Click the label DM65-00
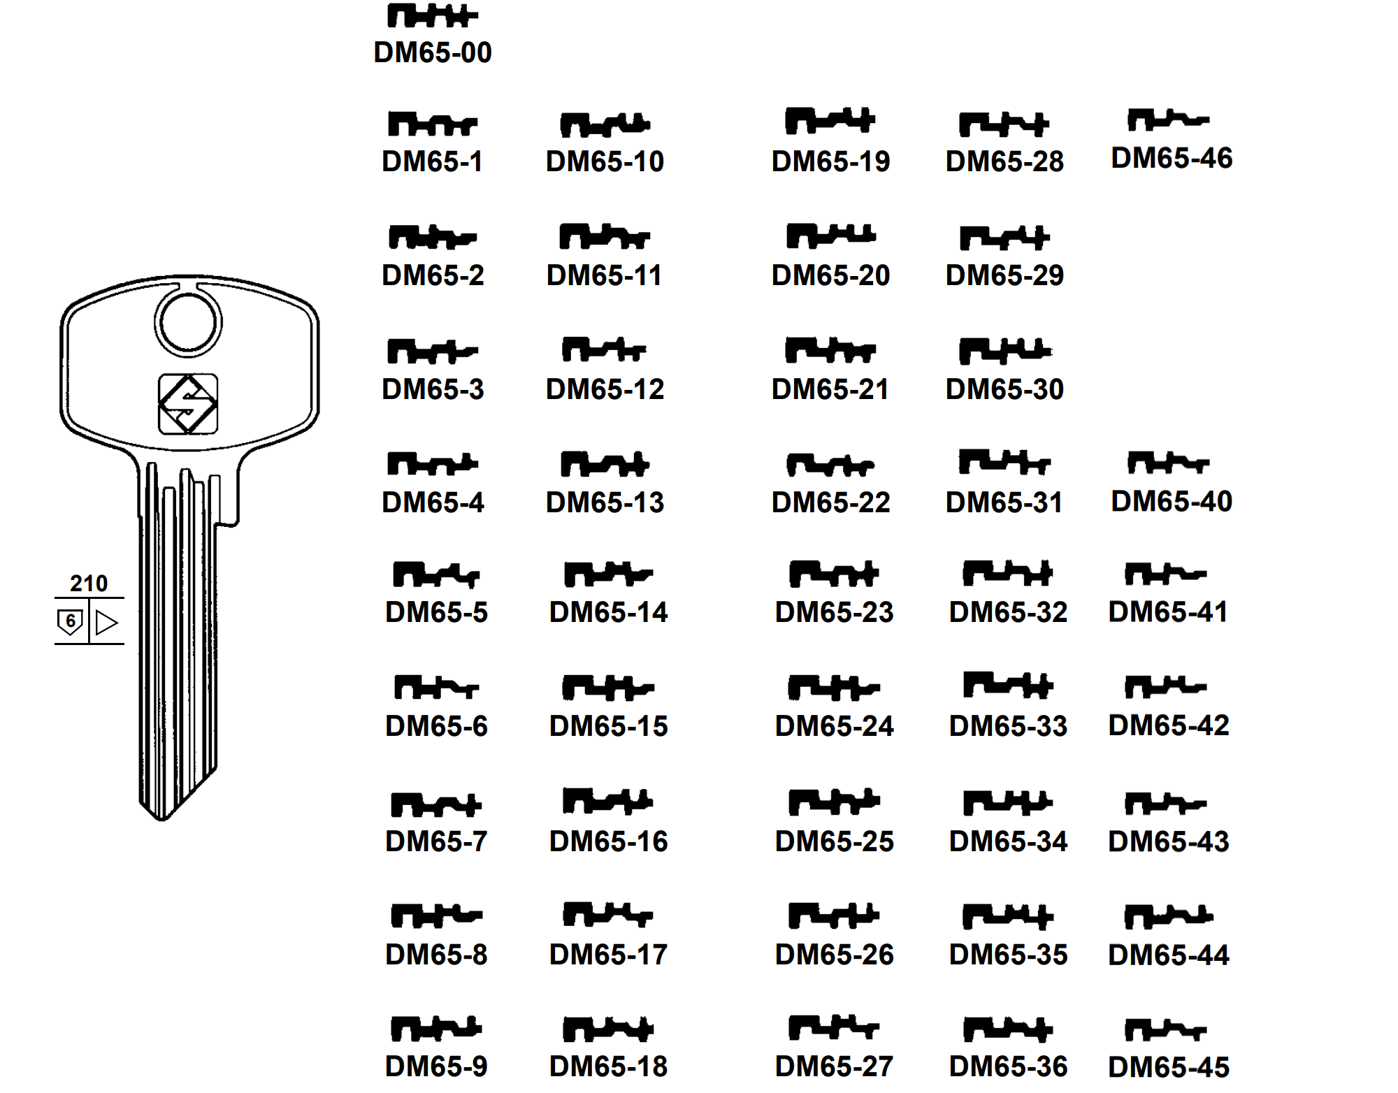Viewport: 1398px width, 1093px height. [433, 52]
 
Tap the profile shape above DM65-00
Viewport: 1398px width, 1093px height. [432, 15]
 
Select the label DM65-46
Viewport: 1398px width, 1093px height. [1172, 158]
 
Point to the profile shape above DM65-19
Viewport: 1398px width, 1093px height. [830, 121]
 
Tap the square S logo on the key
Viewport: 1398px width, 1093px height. [188, 404]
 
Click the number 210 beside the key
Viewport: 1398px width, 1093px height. [89, 583]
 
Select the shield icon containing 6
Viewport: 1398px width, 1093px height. [70, 621]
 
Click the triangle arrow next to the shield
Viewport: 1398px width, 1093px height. [106, 622]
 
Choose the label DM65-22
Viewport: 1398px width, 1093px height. [830, 502]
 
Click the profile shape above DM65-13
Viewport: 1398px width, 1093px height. [605, 464]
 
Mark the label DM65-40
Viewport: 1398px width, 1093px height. [1172, 501]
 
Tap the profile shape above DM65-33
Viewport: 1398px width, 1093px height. [1008, 685]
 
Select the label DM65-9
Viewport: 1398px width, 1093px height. [436, 1066]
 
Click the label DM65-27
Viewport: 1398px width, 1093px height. [834, 1066]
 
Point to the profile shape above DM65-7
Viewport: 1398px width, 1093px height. [435, 805]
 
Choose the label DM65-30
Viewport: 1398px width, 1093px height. [1004, 389]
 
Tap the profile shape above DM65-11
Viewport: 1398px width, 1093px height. [605, 237]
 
